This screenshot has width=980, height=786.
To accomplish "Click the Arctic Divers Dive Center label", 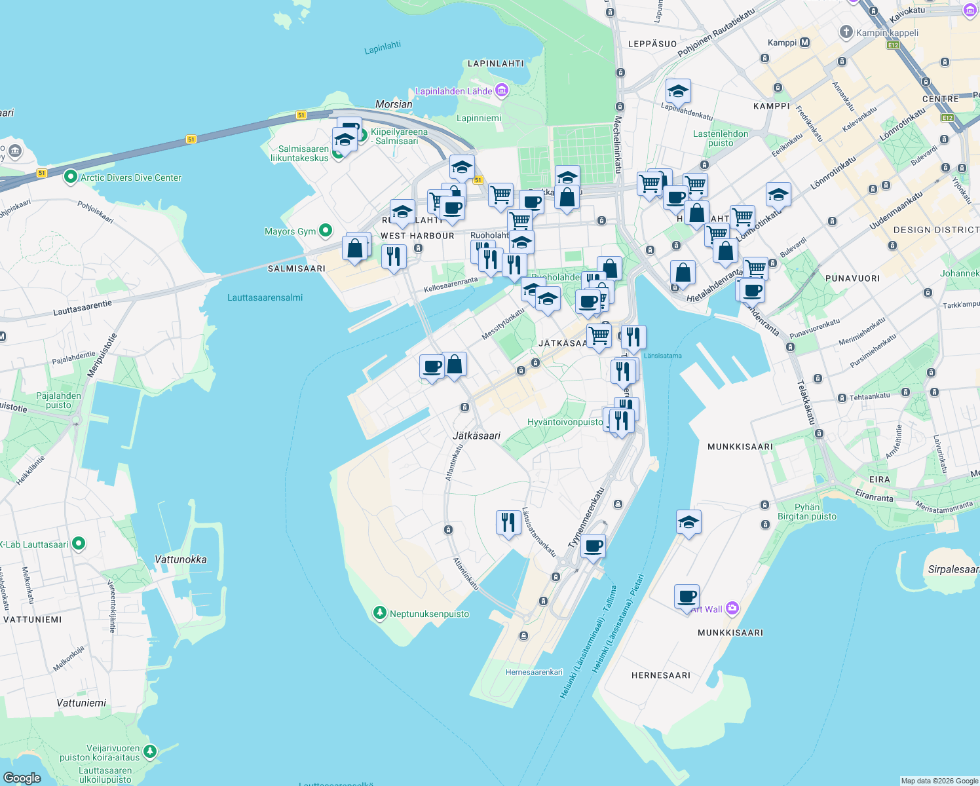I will click(x=130, y=178).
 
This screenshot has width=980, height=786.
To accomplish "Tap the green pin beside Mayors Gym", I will click(x=325, y=231).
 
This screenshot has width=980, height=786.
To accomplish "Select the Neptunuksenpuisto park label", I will click(x=429, y=614).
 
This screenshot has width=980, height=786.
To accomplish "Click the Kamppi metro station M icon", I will click(x=805, y=43).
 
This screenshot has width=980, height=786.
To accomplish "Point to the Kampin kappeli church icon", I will click(x=846, y=32).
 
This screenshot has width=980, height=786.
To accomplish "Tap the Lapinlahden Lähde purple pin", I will click(x=502, y=90).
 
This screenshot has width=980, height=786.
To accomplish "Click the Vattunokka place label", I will click(x=180, y=559).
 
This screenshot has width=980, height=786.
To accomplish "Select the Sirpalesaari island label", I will click(x=953, y=569).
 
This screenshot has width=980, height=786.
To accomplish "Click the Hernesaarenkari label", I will click(x=534, y=672).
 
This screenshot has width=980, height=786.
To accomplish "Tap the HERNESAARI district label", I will click(x=660, y=675).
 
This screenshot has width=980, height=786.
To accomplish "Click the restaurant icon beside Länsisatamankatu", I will click(x=508, y=523).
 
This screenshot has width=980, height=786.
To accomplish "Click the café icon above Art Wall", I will click(x=687, y=595).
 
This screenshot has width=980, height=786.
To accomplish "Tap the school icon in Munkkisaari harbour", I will click(x=688, y=522).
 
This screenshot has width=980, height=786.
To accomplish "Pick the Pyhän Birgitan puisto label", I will click(x=806, y=512).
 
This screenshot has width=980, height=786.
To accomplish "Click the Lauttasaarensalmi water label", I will click(x=265, y=297).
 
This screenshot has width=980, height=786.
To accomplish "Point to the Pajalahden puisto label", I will click(x=58, y=400).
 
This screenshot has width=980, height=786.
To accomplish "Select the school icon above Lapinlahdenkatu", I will click(x=678, y=91).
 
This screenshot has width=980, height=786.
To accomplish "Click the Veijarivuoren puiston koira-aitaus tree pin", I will click(x=150, y=751).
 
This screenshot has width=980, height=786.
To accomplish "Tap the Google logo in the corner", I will click(x=22, y=777).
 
